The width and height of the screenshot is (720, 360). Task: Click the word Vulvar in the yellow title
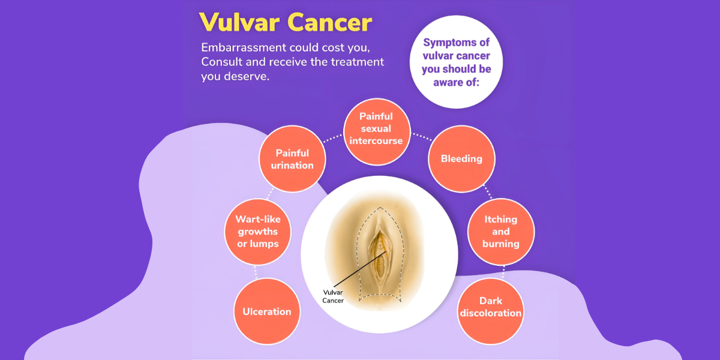coord(239,23)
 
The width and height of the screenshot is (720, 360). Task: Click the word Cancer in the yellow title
coord(330,23)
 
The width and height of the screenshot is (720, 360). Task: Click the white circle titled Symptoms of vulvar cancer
coord(456,62)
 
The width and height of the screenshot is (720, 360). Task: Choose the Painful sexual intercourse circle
coord(376,132)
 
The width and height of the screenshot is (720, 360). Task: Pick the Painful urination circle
coord(292,159)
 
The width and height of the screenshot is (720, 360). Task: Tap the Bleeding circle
coord(461,159)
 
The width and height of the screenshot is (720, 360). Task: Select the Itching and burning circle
coord(501,232)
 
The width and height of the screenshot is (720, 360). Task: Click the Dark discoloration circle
coord(491,311)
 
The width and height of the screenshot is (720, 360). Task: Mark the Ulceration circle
coord(267,311)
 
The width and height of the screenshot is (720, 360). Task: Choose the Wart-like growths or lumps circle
coord(258,232)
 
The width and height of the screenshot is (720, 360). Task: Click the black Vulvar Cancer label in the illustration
coord(333,296)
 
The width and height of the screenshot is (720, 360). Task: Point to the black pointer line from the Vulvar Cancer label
coord(360,269)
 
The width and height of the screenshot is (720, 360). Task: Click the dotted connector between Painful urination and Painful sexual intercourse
coord(332,138)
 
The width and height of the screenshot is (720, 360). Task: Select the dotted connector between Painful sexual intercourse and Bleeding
coord(422,137)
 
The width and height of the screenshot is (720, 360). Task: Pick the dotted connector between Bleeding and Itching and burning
coord(488,191)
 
